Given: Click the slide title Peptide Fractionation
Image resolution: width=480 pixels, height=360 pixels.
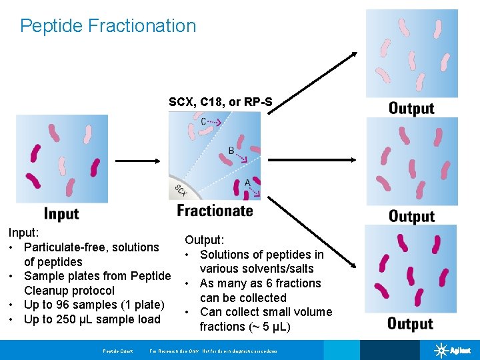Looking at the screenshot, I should [108, 26].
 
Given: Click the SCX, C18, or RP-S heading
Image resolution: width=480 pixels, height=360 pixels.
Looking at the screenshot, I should [220, 102].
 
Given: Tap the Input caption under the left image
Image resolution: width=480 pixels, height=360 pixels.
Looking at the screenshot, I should [61, 213].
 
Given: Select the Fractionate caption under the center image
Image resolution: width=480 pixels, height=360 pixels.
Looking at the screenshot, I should [215, 211].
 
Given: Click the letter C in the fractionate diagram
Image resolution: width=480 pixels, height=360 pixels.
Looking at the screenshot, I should [204, 121].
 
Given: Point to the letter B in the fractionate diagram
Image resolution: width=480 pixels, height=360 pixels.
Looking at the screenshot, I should [231, 151].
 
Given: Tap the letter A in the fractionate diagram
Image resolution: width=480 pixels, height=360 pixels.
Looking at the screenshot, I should [247, 183].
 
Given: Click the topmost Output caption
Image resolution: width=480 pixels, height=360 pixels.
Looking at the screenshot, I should [411, 108].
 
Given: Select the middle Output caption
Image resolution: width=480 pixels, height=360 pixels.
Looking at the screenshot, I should [411, 216].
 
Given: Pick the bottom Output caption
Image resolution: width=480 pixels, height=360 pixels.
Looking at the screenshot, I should [410, 324].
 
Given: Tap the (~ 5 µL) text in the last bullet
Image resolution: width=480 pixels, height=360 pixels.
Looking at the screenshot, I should [267, 327].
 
